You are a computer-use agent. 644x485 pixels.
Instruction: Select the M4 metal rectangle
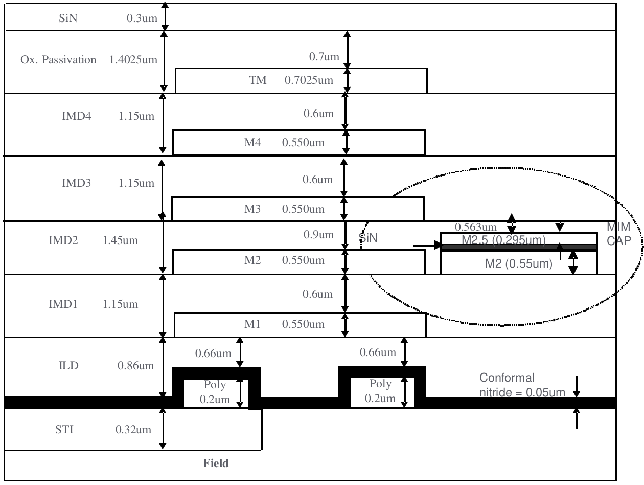299,143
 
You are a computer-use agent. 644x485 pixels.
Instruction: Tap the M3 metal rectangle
297,209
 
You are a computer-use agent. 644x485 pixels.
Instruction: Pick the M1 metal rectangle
300,324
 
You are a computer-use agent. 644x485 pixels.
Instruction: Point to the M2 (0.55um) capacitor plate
518,264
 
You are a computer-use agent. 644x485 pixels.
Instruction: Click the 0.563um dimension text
475,227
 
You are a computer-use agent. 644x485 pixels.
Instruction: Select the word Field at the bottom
216,464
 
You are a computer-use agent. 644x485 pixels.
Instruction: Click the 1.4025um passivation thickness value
133,60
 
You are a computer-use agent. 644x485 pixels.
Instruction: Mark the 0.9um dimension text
318,235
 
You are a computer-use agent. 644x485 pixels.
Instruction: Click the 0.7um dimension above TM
324,57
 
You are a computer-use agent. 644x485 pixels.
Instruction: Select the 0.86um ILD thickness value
135,366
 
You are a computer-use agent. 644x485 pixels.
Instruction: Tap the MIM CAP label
619,234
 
